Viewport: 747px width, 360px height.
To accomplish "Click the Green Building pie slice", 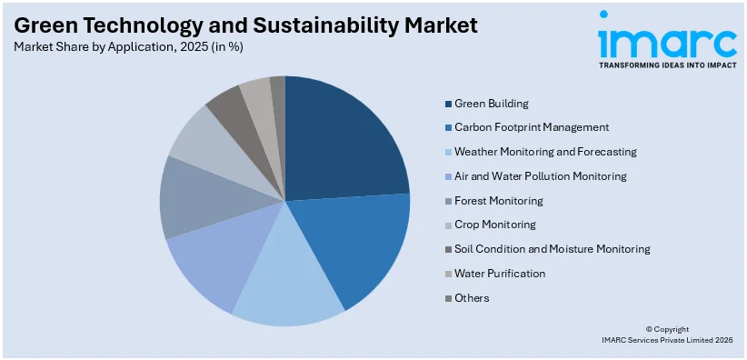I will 341,141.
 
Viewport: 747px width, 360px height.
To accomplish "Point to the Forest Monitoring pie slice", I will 195,200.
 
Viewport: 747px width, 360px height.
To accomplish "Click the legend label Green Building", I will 491,104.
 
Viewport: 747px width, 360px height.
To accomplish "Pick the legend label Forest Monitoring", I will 498,200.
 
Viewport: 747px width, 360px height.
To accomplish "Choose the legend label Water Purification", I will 499,273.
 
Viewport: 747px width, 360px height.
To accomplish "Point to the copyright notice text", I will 666,335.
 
